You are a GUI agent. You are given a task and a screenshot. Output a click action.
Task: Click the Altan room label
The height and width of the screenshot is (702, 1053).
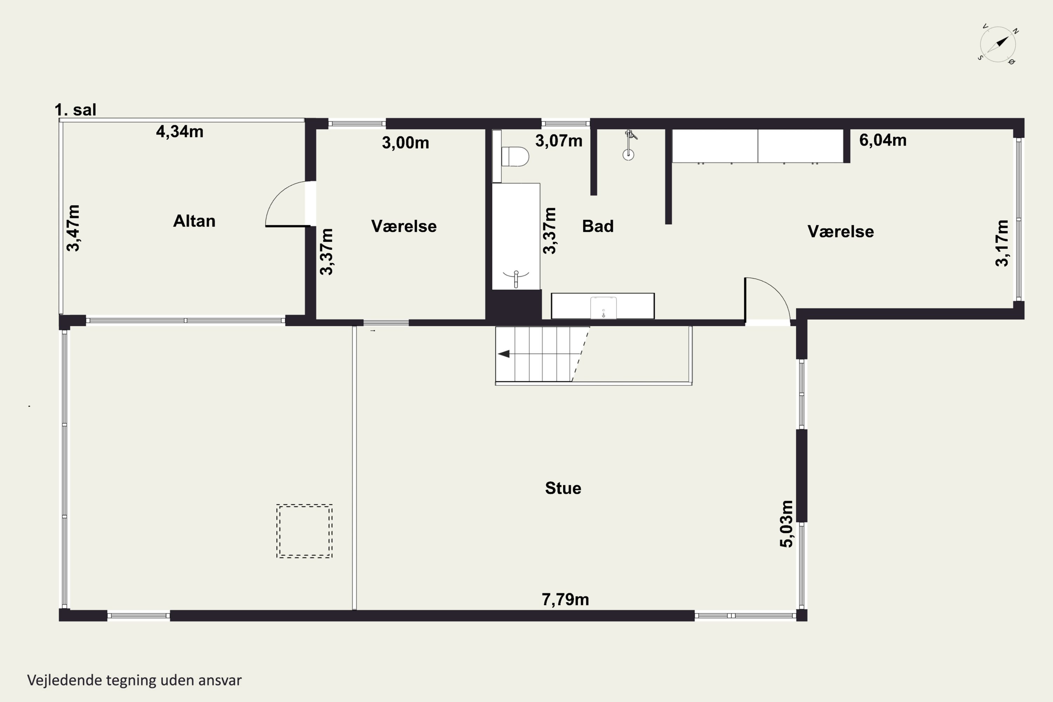pyautogui.click(x=194, y=221)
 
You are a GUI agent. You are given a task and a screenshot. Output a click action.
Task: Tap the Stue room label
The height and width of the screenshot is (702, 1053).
pyautogui.click(x=563, y=488)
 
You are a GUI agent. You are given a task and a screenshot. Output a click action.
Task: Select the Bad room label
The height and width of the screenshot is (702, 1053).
pyautogui.click(x=598, y=226)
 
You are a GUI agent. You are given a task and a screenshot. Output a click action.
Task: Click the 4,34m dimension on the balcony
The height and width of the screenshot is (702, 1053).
pyautogui.click(x=179, y=132)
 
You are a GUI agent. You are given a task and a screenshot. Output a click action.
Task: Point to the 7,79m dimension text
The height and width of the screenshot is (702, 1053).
pyautogui.click(x=565, y=600)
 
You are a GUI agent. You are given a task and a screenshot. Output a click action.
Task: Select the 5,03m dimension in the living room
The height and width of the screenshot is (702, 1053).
pyautogui.click(x=787, y=524)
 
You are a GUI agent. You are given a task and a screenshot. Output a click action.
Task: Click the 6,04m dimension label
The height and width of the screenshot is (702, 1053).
pyautogui.click(x=883, y=140)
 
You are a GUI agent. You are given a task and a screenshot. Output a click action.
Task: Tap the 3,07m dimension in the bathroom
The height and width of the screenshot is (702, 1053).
pyautogui.click(x=559, y=141)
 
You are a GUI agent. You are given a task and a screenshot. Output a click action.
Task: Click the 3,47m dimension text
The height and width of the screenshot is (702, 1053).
pyautogui.click(x=73, y=228)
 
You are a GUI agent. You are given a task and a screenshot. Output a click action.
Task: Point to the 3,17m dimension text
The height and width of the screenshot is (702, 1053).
pyautogui.click(x=1002, y=243)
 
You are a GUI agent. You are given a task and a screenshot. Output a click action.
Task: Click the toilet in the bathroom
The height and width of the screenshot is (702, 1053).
pyautogui.click(x=515, y=157)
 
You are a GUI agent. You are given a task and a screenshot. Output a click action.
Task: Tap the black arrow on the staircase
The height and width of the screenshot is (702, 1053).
pyautogui.click(x=504, y=354)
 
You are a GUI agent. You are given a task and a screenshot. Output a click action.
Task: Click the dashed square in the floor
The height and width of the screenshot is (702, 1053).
pyautogui.click(x=304, y=531)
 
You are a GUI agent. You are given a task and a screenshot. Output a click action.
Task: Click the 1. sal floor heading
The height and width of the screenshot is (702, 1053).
pyautogui.click(x=75, y=110)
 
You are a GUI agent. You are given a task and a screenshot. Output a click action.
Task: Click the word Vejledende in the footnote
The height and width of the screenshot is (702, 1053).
pyautogui.click(x=65, y=680)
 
